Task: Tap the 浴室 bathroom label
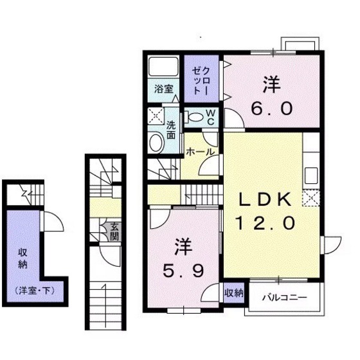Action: [x=163, y=90]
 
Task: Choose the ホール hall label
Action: [x=200, y=152]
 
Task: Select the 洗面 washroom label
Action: [x=172, y=130]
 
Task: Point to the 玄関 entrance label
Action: [x=114, y=231]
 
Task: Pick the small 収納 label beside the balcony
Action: [x=233, y=293]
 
